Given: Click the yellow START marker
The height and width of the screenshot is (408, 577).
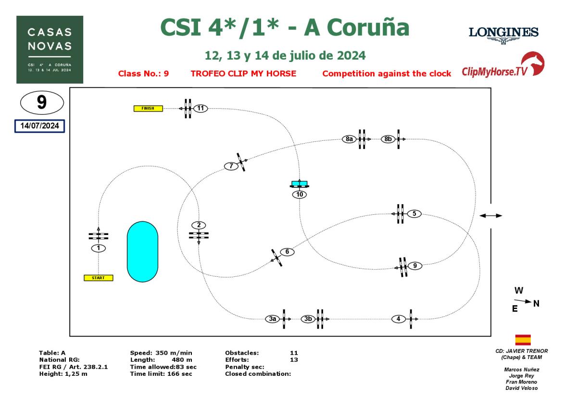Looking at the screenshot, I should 99,278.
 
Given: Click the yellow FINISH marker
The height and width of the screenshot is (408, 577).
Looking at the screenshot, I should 148,109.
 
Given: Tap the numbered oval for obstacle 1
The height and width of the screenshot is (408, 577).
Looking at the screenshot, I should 98,248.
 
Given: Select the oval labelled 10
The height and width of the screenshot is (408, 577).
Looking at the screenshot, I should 300,195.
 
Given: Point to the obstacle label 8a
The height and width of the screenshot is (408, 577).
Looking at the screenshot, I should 350,139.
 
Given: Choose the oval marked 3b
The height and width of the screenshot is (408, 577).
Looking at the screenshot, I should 308,319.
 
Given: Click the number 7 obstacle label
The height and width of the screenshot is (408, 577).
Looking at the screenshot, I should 231,166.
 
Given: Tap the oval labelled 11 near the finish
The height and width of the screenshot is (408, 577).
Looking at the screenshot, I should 201,109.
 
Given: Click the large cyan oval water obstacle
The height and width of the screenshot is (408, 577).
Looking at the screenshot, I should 142,251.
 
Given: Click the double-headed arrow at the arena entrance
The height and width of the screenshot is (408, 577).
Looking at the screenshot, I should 490,216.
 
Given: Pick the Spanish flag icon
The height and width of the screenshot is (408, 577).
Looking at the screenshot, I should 523,340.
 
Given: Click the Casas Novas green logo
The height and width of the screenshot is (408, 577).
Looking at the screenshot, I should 50,49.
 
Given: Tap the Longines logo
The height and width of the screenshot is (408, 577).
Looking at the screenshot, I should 503,35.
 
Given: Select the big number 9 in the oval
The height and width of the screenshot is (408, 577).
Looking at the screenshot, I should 42,102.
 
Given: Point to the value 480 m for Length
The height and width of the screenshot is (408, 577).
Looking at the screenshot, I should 182,359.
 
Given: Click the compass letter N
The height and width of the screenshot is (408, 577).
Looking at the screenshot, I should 536,303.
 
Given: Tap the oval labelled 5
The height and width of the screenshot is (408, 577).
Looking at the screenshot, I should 414,214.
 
